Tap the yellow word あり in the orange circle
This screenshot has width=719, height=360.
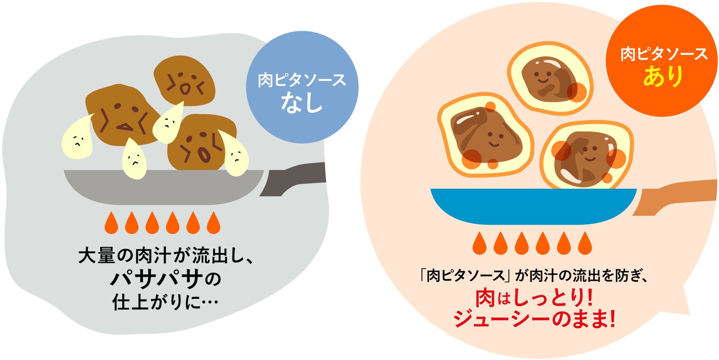(x=663, y=76)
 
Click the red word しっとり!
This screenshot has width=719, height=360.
(x=552, y=298)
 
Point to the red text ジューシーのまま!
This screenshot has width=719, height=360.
(x=534, y=319)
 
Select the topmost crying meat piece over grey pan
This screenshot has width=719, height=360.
(x=184, y=80)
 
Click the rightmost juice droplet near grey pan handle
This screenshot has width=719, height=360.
(x=235, y=155)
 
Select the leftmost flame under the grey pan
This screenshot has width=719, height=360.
(x=111, y=223)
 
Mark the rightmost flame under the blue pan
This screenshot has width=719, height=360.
(x=585, y=243)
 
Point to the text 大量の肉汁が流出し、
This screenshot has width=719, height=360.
(x=166, y=256)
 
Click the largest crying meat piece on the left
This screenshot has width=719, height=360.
(x=120, y=114)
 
